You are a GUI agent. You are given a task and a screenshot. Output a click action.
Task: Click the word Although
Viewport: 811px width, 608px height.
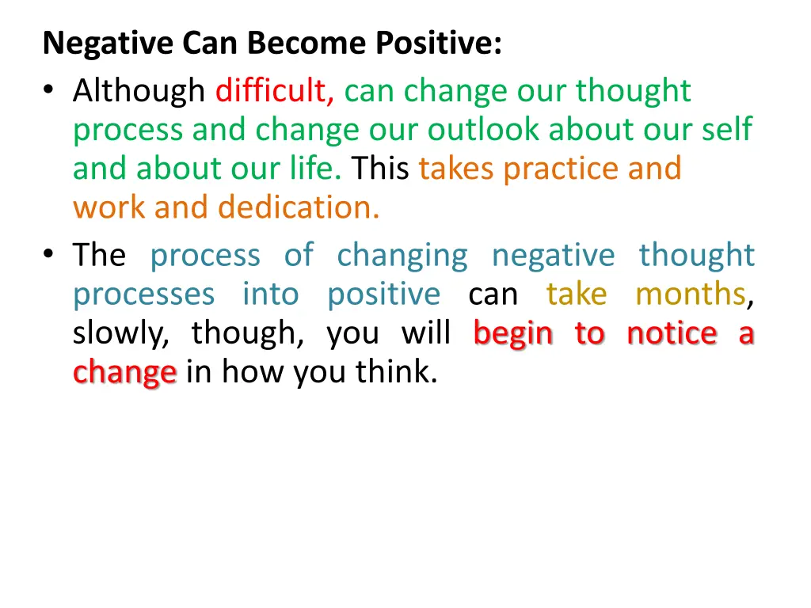click(x=139, y=92)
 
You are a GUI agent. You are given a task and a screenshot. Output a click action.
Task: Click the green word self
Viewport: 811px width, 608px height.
click(x=729, y=130)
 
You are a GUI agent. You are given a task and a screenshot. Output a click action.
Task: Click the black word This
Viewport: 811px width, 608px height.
click(x=381, y=169)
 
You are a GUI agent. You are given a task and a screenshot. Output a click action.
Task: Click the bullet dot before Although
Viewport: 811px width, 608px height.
click(x=50, y=93)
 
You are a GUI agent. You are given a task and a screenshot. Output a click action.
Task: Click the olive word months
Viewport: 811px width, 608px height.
click(x=690, y=294)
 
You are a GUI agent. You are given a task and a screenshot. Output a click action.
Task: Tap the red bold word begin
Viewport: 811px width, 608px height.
click(x=513, y=334)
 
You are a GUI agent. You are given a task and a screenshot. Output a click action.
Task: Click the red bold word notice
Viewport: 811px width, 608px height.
click(x=672, y=333)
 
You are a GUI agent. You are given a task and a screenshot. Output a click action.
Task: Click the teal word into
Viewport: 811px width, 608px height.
click(x=271, y=294)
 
